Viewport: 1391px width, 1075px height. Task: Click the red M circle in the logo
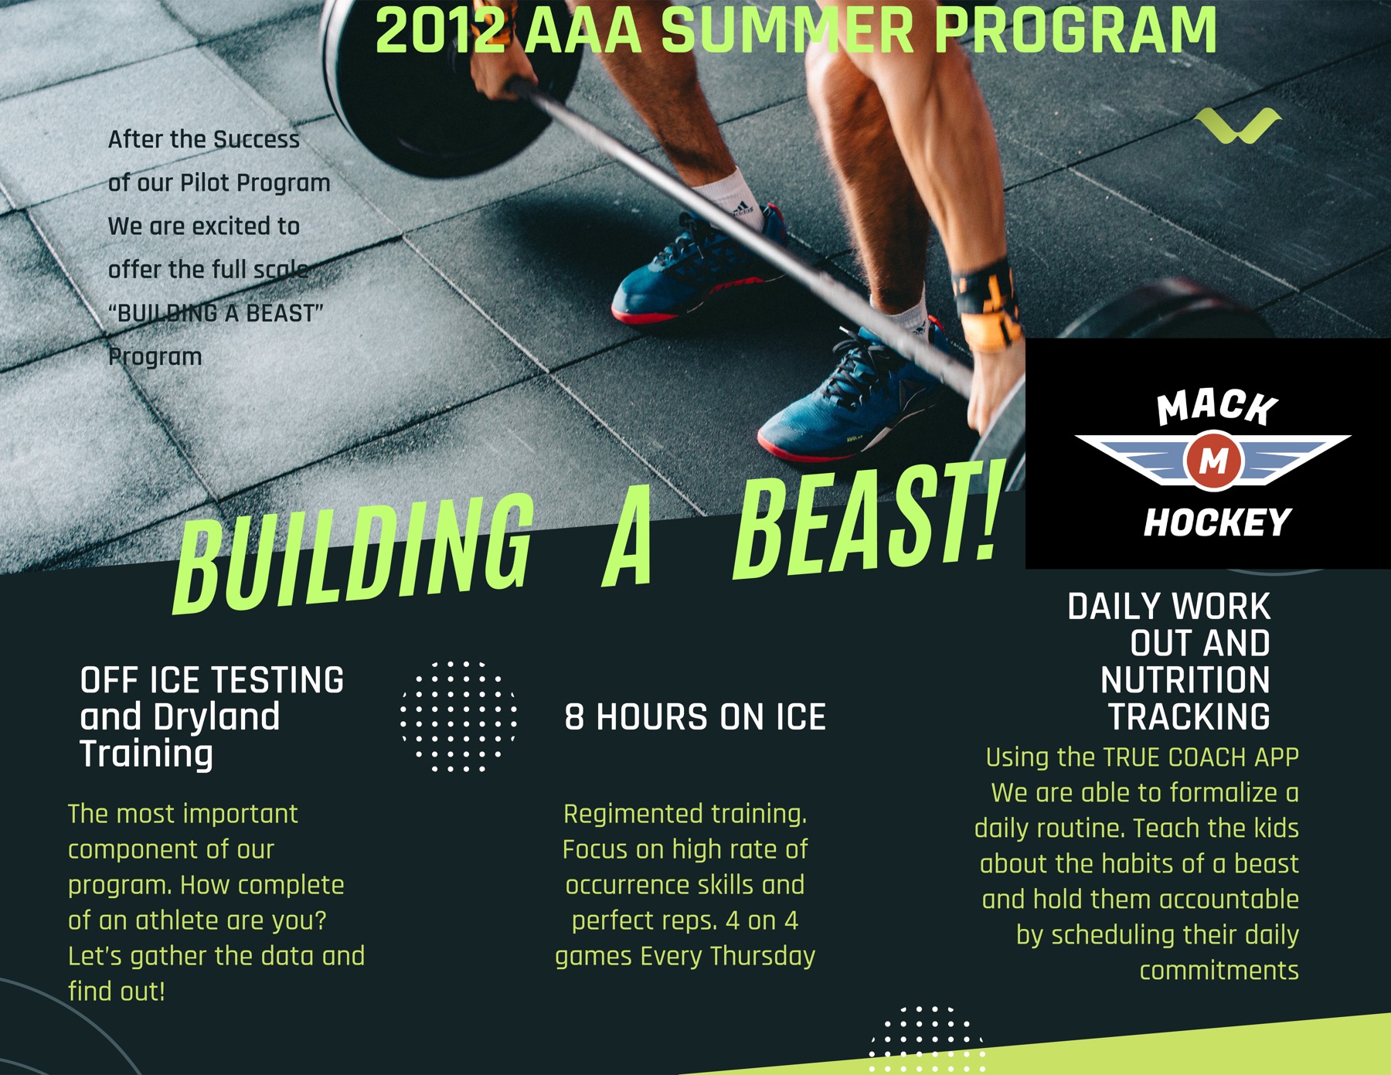[x=1213, y=461]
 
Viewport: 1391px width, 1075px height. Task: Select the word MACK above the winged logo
[x=1217, y=407]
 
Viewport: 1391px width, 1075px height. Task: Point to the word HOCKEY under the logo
[x=1217, y=522]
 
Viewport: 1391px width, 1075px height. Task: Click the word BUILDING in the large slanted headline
[x=354, y=553]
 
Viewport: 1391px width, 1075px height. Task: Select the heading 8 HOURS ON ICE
[x=695, y=717]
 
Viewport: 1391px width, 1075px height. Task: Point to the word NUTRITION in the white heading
[x=1185, y=680]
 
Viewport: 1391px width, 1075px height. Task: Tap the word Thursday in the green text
[x=762, y=957]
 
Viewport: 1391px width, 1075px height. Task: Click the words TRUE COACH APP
[x=1200, y=757]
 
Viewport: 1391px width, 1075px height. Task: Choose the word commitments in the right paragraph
[x=1219, y=971]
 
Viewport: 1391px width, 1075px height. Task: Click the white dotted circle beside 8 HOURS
[x=459, y=716]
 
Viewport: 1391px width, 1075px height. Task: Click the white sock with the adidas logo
[x=729, y=199]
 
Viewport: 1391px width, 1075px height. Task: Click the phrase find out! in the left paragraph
[x=117, y=992]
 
